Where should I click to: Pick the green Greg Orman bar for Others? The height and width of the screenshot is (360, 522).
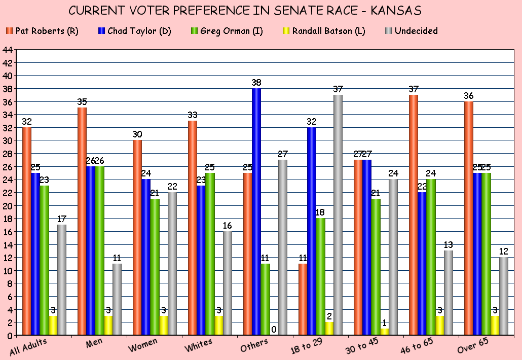[266, 299]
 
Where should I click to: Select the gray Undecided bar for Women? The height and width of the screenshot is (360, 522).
[172, 264]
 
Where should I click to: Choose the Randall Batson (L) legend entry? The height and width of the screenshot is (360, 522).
[318, 31]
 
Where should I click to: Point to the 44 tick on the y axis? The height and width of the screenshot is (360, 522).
[8, 50]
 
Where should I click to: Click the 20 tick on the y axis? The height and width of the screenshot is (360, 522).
[8, 205]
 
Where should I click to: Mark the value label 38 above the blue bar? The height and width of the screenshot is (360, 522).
[256, 82]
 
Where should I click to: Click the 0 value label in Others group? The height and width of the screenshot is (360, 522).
[274, 330]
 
